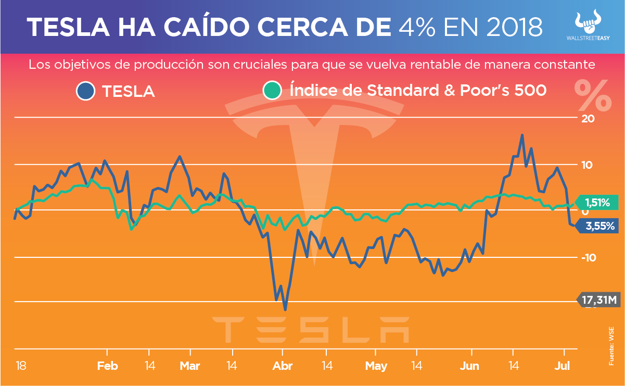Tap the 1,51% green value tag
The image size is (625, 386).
tap(597, 202)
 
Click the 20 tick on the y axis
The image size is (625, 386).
tap(588, 119)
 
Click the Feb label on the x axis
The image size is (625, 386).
tap(108, 366)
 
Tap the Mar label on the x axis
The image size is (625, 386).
tap(190, 366)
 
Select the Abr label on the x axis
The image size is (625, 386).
tap(283, 366)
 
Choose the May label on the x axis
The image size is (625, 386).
tap(376, 366)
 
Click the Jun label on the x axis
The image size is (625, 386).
tap(469, 366)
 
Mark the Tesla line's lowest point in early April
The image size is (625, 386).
tap(285, 310)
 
